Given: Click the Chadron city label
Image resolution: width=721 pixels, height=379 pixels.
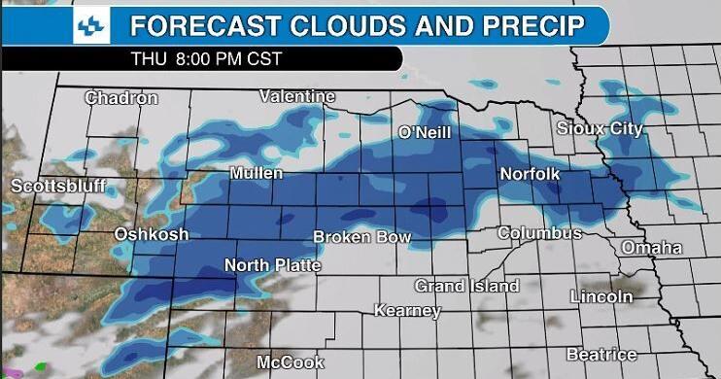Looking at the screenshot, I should click(121, 98).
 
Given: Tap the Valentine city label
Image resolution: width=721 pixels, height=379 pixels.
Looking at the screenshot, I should click(297, 96).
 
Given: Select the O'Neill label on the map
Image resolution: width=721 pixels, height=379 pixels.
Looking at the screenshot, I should click(425, 132).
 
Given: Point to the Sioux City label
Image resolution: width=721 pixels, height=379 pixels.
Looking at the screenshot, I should click(600, 128).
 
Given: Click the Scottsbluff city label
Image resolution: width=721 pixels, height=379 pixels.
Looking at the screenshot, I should click(58, 186).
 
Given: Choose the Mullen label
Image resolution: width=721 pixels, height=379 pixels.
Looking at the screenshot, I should click(257, 173).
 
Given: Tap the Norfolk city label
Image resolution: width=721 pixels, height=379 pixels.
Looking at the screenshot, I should click(530, 174).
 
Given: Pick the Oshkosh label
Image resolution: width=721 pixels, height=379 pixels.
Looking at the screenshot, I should click(151, 234).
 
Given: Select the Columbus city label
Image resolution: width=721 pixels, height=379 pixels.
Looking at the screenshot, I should click(539, 233).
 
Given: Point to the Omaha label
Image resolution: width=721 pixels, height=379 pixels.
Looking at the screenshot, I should click(652, 248).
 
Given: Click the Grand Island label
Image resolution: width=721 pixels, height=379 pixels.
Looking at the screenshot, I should click(466, 286).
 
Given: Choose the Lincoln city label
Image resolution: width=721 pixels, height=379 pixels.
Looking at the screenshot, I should click(601, 295).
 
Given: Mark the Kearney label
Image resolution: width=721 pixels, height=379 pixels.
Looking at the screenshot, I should click(408, 311).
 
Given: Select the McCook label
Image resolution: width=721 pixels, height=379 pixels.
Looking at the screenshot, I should click(291, 362).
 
